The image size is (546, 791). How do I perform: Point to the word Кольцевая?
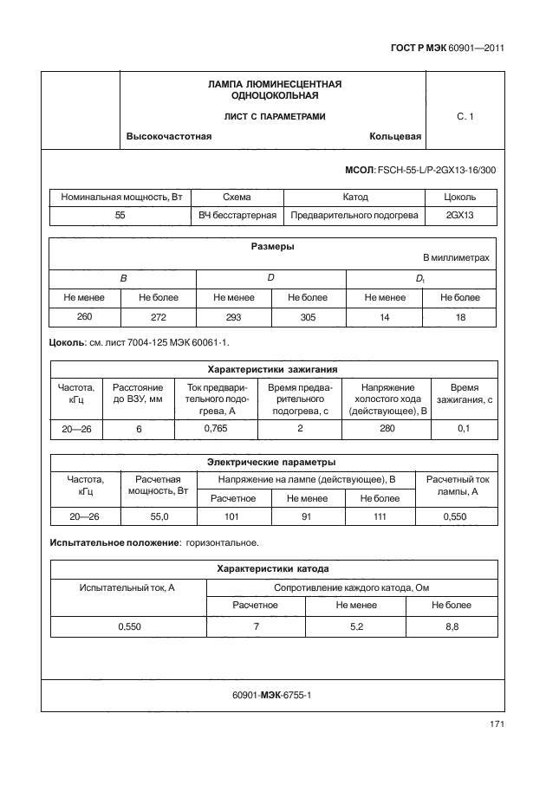(394, 137)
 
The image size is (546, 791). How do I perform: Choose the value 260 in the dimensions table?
(84, 317)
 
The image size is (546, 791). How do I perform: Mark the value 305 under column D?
(308, 317)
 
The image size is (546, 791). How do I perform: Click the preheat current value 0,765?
(215, 428)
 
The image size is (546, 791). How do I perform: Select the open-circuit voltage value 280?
(387, 428)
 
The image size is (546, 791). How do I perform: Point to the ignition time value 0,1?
(464, 428)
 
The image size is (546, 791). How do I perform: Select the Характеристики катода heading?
(272, 569)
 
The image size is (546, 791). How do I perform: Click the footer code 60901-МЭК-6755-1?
(272, 696)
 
